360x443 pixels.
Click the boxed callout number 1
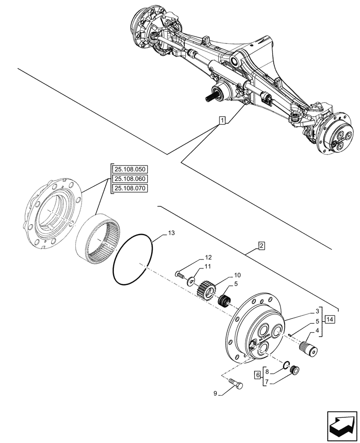tap(222, 120)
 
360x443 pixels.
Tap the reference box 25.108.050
tap(131, 170)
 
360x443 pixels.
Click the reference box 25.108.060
tap(131, 179)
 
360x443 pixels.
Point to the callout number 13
tap(172, 233)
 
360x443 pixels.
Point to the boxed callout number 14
tap(329, 319)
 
